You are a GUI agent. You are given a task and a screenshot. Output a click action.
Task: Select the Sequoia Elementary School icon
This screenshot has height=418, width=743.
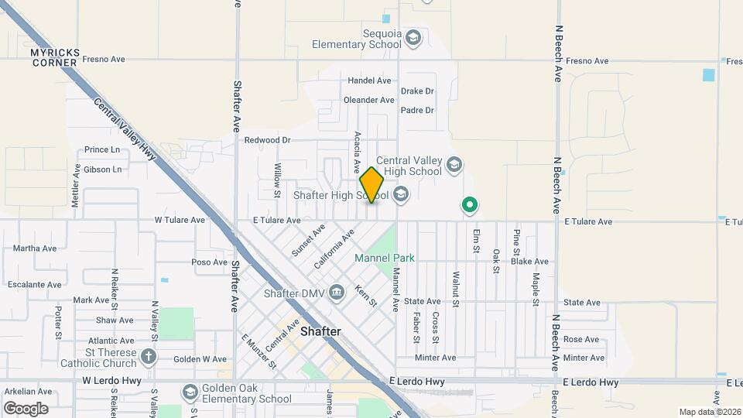click(x=413, y=38)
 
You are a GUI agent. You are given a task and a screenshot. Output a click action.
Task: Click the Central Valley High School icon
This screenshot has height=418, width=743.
click(x=454, y=164)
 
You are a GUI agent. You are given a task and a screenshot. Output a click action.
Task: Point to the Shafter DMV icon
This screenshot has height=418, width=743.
click(x=337, y=291)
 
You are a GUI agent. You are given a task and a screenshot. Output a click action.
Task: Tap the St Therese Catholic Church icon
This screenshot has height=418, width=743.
click(x=149, y=356)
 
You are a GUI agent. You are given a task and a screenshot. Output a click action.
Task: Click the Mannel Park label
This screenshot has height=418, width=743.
click(x=385, y=258)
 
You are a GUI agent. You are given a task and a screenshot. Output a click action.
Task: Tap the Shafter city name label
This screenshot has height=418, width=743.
click(x=320, y=331)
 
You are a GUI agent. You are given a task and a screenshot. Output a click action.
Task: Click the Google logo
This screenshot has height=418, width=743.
click(x=26, y=408)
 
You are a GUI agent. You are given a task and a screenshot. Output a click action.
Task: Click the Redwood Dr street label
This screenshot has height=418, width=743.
click(x=267, y=140)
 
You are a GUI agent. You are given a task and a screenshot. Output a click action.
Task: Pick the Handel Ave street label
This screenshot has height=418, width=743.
click(x=369, y=81)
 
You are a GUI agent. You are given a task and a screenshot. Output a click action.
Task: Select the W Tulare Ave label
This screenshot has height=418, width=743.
click(x=180, y=220)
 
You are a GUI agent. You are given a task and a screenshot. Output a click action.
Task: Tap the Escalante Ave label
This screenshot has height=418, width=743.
click(x=34, y=284)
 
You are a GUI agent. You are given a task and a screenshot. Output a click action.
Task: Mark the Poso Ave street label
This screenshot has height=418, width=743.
click(x=209, y=262)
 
